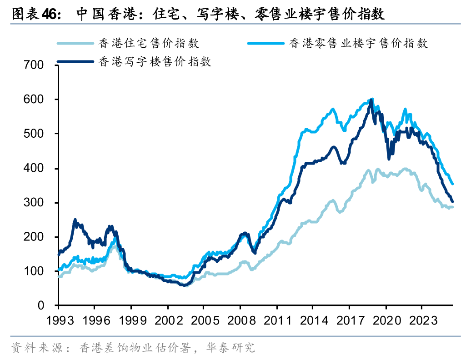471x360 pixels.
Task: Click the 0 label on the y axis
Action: [40, 305]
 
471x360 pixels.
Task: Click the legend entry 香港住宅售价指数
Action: [148, 43]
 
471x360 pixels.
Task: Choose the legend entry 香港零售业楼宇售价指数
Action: [358, 43]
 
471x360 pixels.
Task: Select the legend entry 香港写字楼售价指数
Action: [155, 62]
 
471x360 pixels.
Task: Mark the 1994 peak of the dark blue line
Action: [75, 220]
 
